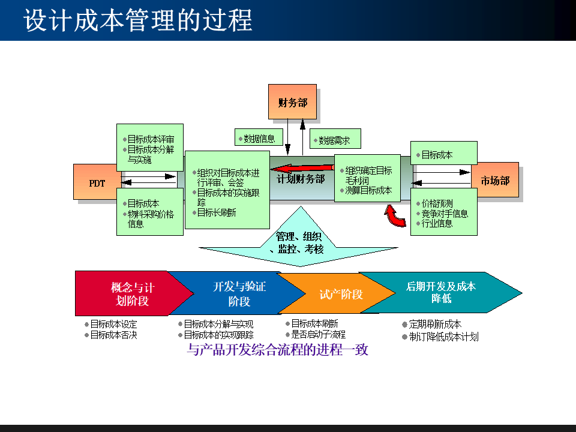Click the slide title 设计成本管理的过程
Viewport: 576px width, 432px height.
point(138,20)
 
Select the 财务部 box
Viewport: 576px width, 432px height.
point(292,102)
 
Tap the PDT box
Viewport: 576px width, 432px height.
point(97,182)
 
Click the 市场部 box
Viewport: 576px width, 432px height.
point(495,180)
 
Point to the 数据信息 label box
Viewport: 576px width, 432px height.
point(259,138)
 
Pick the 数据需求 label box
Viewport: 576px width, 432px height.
point(334,140)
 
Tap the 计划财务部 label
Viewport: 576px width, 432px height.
point(301,179)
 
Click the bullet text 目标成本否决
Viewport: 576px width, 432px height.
point(113,335)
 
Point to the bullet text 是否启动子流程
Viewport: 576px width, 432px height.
point(318,335)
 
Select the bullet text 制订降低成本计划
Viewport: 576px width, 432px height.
point(443,337)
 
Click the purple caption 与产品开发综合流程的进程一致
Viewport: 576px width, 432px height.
point(277,350)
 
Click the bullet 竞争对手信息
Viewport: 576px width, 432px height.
point(445,214)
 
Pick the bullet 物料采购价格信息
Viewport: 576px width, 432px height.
point(150,219)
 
